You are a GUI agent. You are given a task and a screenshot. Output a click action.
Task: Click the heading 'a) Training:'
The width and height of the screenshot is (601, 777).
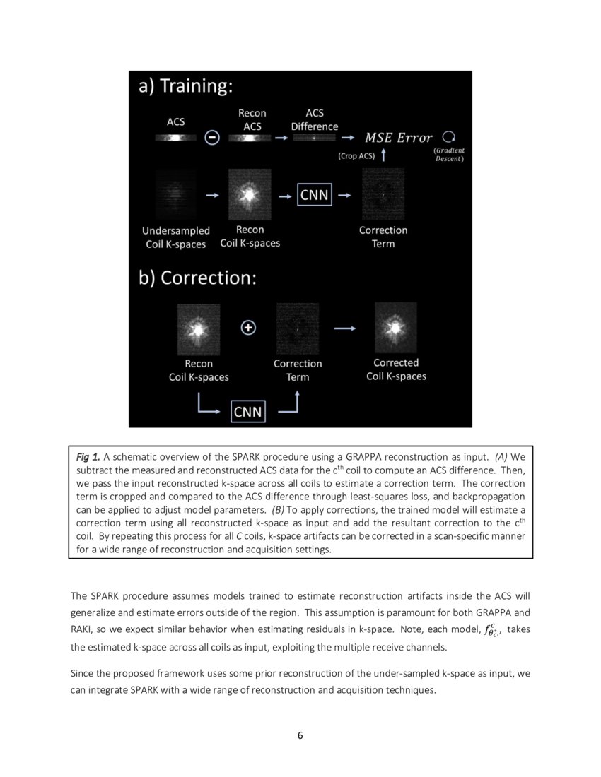click(x=185, y=86)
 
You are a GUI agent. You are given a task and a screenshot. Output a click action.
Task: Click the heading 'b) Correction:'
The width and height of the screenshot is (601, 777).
click(x=197, y=278)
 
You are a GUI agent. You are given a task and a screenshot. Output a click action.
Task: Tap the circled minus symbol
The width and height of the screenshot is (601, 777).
click(x=211, y=138)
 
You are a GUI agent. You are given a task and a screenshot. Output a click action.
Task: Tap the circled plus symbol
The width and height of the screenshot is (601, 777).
click(x=248, y=328)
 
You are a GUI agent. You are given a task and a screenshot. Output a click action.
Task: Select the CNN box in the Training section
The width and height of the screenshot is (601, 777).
click(x=314, y=194)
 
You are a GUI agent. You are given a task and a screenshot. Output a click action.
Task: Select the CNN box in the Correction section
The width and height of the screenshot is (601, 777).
click(x=247, y=411)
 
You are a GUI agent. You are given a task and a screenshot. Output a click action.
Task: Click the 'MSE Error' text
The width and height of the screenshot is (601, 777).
click(x=398, y=138)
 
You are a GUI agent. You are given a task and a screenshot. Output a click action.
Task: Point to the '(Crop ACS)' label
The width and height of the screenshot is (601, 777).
click(x=356, y=156)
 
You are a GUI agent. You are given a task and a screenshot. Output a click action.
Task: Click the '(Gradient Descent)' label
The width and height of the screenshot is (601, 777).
click(x=449, y=155)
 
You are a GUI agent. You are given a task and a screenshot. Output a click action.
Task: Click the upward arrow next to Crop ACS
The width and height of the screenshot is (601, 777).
click(x=383, y=155)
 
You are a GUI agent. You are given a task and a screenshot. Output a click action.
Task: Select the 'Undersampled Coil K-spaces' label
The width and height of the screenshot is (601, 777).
click(x=175, y=237)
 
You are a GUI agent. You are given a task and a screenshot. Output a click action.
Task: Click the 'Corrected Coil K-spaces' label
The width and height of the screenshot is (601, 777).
click(x=396, y=369)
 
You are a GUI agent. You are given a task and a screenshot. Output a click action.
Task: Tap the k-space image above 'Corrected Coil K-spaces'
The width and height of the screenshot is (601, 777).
click(x=395, y=328)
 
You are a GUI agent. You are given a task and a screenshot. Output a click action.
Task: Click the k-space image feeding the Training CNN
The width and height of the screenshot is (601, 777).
click(x=250, y=194)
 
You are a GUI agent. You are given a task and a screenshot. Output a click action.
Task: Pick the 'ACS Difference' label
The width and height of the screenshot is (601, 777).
click(x=314, y=119)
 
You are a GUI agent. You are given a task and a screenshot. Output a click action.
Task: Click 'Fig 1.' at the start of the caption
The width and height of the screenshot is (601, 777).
click(x=88, y=457)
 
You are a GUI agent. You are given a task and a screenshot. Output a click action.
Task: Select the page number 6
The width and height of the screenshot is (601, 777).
click(x=300, y=735)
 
